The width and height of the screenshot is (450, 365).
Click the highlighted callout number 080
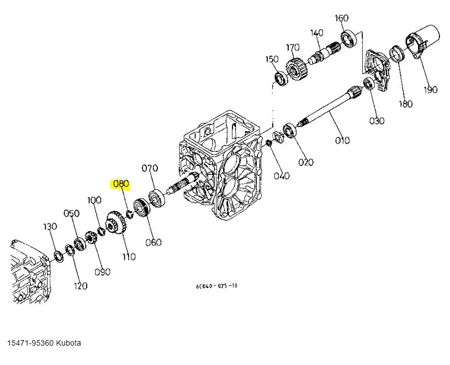(120, 184)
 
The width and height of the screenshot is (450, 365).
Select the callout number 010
(342, 140)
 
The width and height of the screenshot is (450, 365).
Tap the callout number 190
(430, 90)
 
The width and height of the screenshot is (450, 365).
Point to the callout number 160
(342, 18)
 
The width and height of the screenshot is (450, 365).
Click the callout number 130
(50, 227)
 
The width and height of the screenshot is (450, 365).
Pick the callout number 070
(150, 168)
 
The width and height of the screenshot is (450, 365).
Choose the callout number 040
(282, 176)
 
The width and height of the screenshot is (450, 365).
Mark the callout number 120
(81, 286)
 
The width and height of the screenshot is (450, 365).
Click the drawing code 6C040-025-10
(216, 286)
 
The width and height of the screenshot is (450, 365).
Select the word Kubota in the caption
(69, 343)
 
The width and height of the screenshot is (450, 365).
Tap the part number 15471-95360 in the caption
(30, 343)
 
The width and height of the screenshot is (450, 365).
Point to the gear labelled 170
(295, 71)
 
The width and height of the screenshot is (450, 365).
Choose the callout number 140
(316, 33)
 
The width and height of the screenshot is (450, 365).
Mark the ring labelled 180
(396, 54)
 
